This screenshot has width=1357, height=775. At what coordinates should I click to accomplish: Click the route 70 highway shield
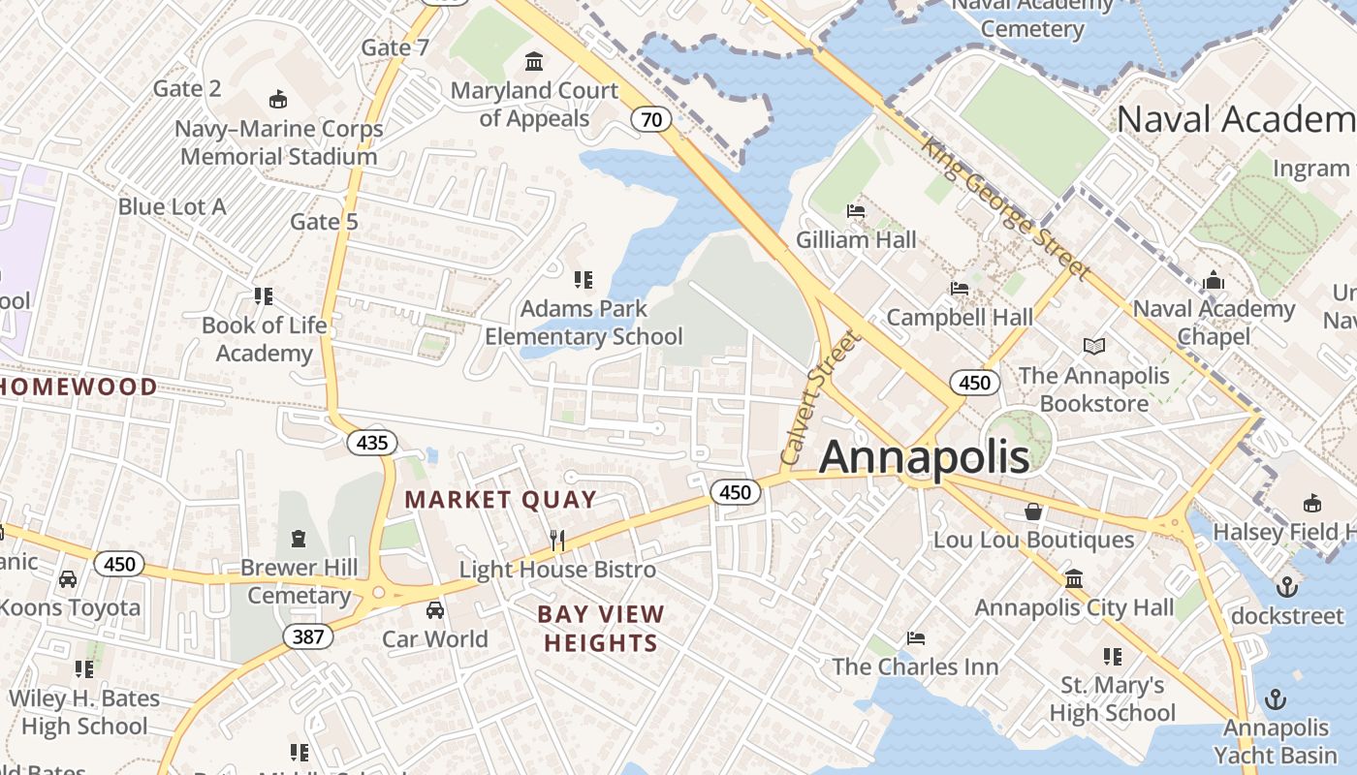[x=651, y=119]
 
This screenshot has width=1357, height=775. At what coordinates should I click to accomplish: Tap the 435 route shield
[x=371, y=444]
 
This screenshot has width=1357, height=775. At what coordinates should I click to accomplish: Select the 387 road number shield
[x=308, y=636]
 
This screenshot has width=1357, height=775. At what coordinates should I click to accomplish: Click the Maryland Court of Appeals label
[x=534, y=105]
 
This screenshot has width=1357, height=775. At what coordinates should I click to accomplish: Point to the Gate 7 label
[x=394, y=47]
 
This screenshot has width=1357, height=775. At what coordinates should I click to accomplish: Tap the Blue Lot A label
[x=172, y=206]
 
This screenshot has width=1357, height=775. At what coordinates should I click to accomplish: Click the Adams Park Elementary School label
[x=584, y=323]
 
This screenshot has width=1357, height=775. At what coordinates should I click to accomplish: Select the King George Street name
[x=1005, y=207]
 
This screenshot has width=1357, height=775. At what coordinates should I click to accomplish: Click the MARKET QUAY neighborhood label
[x=500, y=500]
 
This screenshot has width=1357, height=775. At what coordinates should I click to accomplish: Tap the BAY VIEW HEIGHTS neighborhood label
[x=601, y=628]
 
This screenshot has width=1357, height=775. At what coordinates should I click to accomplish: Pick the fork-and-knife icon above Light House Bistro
[x=557, y=541]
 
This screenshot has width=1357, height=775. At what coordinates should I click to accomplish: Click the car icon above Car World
[x=435, y=610]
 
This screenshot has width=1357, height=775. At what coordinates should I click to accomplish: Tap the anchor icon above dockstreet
[x=1286, y=586]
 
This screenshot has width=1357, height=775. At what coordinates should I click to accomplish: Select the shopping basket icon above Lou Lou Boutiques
[x=1033, y=511]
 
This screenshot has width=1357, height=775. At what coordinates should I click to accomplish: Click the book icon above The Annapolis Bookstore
[x=1093, y=346]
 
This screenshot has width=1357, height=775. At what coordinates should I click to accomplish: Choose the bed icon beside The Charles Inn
[x=915, y=638]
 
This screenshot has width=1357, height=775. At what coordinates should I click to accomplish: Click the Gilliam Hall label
[x=856, y=239]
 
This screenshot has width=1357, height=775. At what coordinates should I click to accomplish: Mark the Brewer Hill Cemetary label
[x=299, y=581]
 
